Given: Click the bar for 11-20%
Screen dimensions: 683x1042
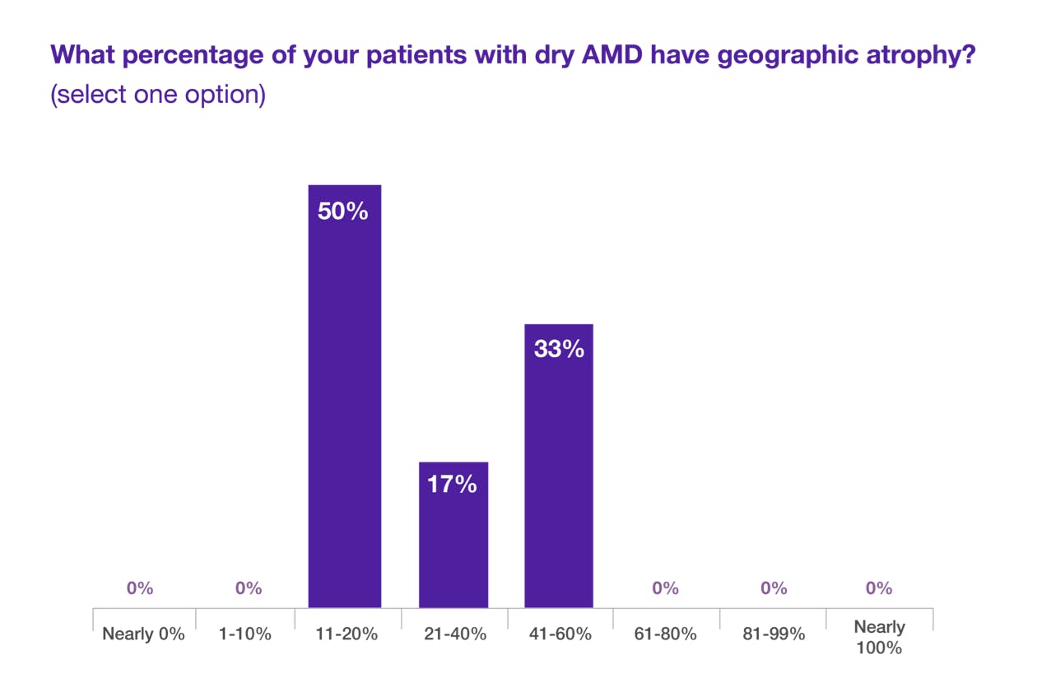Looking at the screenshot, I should tap(344, 396).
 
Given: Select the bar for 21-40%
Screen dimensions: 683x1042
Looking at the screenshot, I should tap(453, 534).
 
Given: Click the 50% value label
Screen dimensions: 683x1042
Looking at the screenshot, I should tap(344, 211).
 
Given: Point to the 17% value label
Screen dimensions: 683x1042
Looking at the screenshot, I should tap(452, 485).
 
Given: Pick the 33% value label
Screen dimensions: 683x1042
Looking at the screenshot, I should tap(559, 349).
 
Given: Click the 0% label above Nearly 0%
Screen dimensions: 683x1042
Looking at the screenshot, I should tap(140, 588).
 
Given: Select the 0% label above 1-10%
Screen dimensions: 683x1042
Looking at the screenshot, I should tap(249, 588).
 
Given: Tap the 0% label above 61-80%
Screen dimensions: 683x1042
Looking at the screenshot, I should tap(665, 588).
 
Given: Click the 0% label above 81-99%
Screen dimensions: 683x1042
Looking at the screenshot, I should tap(773, 588).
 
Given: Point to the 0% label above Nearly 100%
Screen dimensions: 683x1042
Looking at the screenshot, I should tap(879, 588).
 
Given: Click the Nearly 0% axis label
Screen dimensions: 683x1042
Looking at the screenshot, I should tap(143, 634).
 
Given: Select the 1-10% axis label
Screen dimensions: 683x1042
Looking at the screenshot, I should tap(245, 634).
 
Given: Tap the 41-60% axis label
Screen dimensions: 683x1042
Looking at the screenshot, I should tap(561, 634).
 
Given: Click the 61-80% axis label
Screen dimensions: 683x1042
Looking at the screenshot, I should tap(668, 634).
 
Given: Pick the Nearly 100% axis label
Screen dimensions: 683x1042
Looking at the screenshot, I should tap(879, 637).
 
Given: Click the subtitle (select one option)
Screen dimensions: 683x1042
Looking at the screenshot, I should tap(158, 95).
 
